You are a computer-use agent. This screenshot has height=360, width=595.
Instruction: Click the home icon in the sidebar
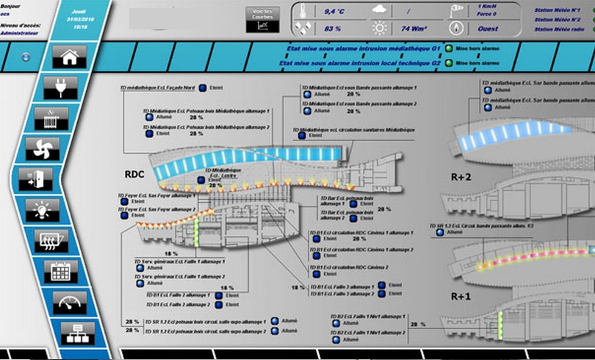pos(69,57)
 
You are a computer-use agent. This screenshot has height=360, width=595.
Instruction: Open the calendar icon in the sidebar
pos(60,271)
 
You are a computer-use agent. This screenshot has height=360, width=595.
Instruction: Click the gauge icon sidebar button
pos(69,302)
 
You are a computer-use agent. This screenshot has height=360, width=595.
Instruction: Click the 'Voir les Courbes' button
pos(262,19)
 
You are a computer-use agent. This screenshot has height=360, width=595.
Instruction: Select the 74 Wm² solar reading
pos(414,29)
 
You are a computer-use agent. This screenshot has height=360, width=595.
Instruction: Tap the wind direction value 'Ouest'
pos(488,29)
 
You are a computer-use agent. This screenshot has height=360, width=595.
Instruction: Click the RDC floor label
pos(134,175)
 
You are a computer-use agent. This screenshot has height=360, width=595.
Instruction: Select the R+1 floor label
pos(462,296)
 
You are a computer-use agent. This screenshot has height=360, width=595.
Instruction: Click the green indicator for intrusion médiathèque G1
pos(448,48)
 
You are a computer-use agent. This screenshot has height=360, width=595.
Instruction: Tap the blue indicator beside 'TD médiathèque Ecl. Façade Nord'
pos(201,87)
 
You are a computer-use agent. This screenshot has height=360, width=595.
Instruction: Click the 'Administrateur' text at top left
pos(20,33)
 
